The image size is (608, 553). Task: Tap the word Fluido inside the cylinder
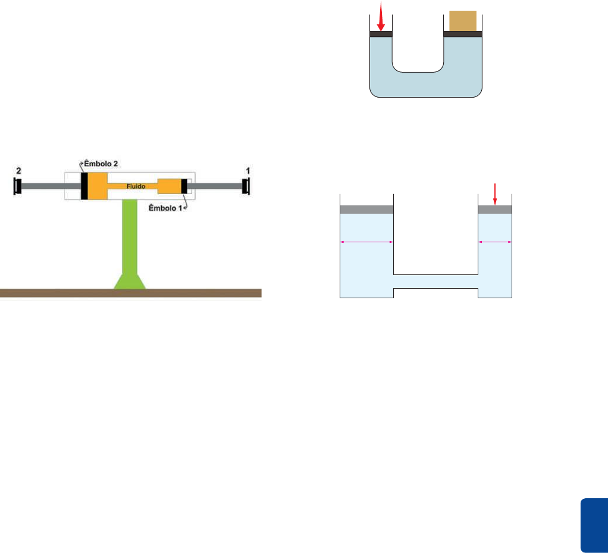136,186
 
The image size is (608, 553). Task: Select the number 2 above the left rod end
19,171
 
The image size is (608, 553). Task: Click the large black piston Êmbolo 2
84,186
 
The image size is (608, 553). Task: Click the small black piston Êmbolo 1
184,186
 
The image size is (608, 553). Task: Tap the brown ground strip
131,293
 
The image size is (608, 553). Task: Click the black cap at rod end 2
18,186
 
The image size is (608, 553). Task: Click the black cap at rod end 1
245,186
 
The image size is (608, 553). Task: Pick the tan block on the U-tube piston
462,21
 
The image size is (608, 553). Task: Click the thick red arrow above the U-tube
381,16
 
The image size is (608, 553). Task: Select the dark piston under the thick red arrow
381,34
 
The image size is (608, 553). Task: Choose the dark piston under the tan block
462,34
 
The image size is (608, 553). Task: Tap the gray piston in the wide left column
366,210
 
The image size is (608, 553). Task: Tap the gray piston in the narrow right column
495,210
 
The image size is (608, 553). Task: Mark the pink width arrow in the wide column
366,242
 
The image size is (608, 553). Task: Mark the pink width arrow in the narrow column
495,242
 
